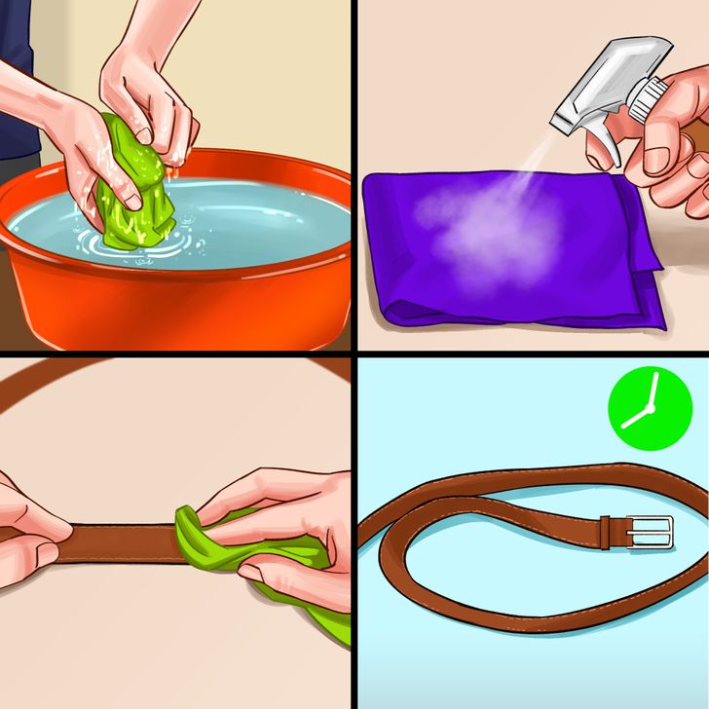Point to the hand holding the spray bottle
point(672,146)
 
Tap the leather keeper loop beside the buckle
point(605,533)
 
